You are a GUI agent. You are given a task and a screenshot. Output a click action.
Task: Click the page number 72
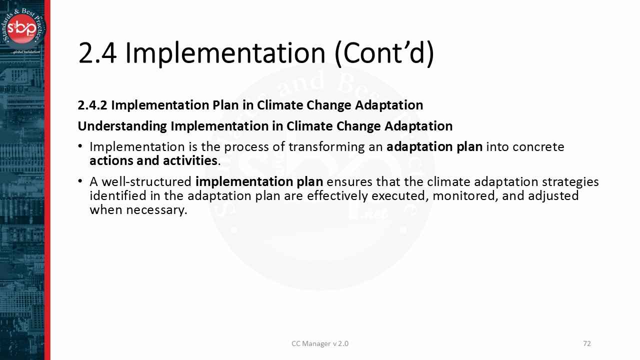(587, 343)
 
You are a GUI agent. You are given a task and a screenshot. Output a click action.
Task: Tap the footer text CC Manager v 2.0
(320, 343)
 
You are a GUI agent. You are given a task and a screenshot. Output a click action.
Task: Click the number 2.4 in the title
(97, 53)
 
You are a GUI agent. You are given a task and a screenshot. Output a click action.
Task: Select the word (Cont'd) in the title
(384, 53)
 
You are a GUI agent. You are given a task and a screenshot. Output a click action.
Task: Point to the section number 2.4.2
(92, 105)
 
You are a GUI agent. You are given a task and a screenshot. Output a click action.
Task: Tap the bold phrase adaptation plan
(434, 147)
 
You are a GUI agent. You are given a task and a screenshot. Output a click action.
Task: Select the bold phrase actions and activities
(153, 160)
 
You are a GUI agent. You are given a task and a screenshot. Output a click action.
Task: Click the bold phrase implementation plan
(259, 181)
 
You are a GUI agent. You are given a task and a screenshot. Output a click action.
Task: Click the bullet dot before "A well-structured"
(81, 181)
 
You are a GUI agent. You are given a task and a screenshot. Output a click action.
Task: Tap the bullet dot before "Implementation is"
(81, 146)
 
